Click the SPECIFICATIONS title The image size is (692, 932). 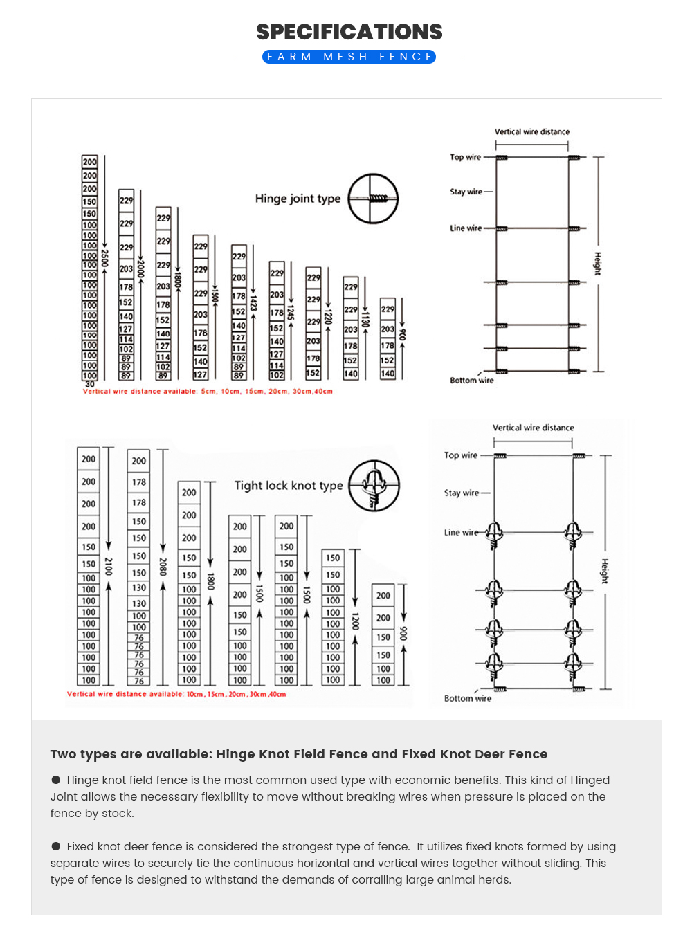[349, 32]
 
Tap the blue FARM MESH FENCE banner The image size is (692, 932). [349, 57]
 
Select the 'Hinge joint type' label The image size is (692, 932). [298, 199]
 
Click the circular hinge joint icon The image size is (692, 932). [373, 199]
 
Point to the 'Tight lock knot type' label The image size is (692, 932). [289, 486]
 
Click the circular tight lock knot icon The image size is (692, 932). [374, 486]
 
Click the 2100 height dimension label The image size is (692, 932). [109, 567]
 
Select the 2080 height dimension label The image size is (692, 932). [163, 567]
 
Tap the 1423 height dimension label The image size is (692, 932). [253, 303]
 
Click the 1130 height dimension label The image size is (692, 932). [366, 319]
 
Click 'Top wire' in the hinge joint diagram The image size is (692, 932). [465, 157]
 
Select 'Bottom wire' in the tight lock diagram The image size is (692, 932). [468, 699]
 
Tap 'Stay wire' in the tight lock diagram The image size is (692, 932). [462, 493]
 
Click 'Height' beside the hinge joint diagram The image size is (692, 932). [597, 264]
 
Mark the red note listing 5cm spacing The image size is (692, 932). [208, 392]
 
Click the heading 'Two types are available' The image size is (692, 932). [298, 754]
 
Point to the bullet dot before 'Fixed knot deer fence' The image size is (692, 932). [56, 846]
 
